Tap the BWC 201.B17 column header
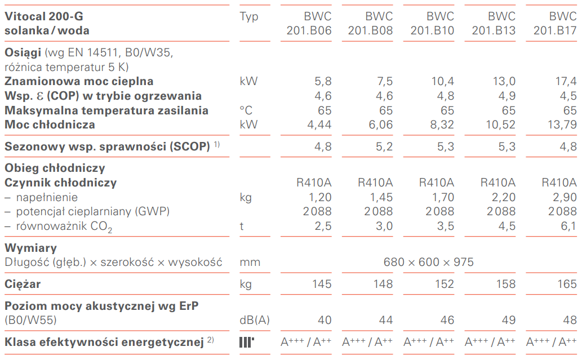click(x=555, y=23)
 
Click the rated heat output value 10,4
click(x=443, y=81)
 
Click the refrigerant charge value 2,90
click(x=565, y=197)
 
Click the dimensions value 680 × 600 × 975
click(x=428, y=262)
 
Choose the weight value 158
click(x=506, y=284)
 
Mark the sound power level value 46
click(x=447, y=320)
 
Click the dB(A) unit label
click(x=255, y=320)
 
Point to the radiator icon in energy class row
click(x=246, y=342)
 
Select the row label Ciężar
click(x=23, y=284)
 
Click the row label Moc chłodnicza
click(x=50, y=125)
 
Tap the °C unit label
click(x=247, y=110)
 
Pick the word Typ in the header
click(x=248, y=16)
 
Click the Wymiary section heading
click(x=30, y=248)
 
